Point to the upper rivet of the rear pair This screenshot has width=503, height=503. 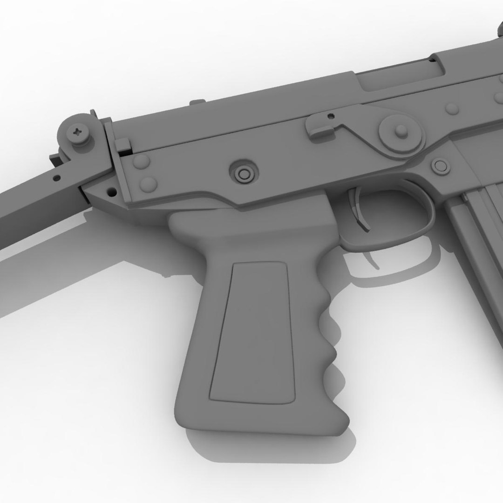pyautogui.click(x=141, y=162)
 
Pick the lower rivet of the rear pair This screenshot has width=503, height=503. pyautogui.click(x=148, y=183)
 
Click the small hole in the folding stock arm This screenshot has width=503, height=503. pyautogui.click(x=57, y=177)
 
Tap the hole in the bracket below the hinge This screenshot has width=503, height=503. pyautogui.click(x=111, y=191)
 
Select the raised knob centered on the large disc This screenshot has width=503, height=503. pyautogui.click(x=400, y=130)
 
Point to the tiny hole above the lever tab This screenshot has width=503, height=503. pyautogui.click(x=331, y=116)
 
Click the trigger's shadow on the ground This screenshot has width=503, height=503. pyautogui.click(x=370, y=261)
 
